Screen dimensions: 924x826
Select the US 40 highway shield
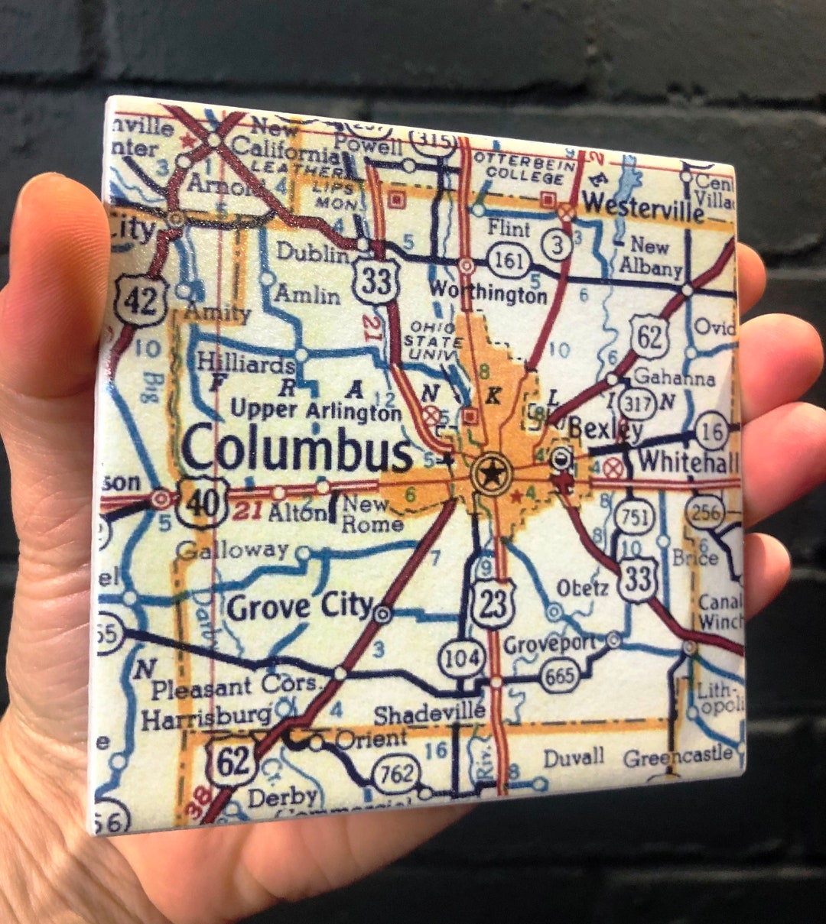[201, 502]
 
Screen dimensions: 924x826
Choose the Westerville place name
[642, 207]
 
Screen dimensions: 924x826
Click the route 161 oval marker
[510, 261]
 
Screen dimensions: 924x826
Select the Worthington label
[489, 292]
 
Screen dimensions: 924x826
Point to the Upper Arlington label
[316, 410]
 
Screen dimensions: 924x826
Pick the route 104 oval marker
[463, 658]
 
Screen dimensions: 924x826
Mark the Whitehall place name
[688, 462]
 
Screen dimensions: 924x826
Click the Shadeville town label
[429, 714]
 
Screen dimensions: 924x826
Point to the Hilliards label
[246, 364]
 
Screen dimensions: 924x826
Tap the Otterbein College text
[519, 167]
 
